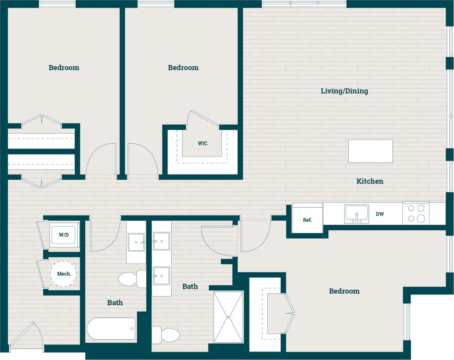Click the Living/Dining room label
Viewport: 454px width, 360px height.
(344, 91)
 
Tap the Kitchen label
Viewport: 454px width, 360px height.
(370, 181)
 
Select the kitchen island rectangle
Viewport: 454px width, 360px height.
(370, 151)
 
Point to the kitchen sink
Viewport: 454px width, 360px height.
(356, 214)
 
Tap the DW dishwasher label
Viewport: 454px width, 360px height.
(380, 214)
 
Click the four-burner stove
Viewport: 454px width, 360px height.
(416, 214)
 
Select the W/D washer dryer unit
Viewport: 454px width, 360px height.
(64, 235)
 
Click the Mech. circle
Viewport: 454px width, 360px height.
(63, 274)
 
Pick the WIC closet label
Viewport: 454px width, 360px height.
(202, 143)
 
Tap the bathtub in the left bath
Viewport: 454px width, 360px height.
(111, 328)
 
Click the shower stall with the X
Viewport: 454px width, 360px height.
(228, 317)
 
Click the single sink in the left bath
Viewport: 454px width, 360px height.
(136, 242)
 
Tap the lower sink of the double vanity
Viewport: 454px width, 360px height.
(161, 276)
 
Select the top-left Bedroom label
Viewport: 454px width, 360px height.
(64, 68)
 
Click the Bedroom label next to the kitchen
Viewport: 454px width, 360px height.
(344, 291)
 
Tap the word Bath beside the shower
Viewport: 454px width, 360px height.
(190, 286)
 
